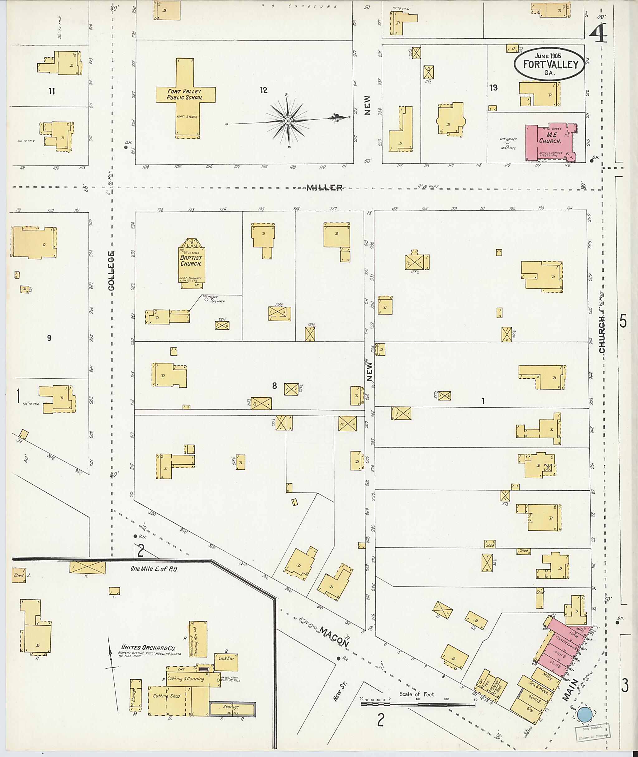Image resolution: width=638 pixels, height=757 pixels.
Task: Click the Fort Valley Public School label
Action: click(185, 94)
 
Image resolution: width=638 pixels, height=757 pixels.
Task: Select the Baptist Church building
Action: click(192, 263)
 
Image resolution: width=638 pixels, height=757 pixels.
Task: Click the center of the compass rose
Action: click(288, 121)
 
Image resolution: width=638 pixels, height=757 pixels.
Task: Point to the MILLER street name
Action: click(324, 187)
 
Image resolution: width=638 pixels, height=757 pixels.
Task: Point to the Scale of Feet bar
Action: click(418, 704)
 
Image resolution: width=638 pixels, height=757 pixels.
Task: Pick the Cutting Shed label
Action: click(166, 696)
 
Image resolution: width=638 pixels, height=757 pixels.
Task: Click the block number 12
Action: click(264, 90)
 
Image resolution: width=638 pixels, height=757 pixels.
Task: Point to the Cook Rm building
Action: click(226, 659)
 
